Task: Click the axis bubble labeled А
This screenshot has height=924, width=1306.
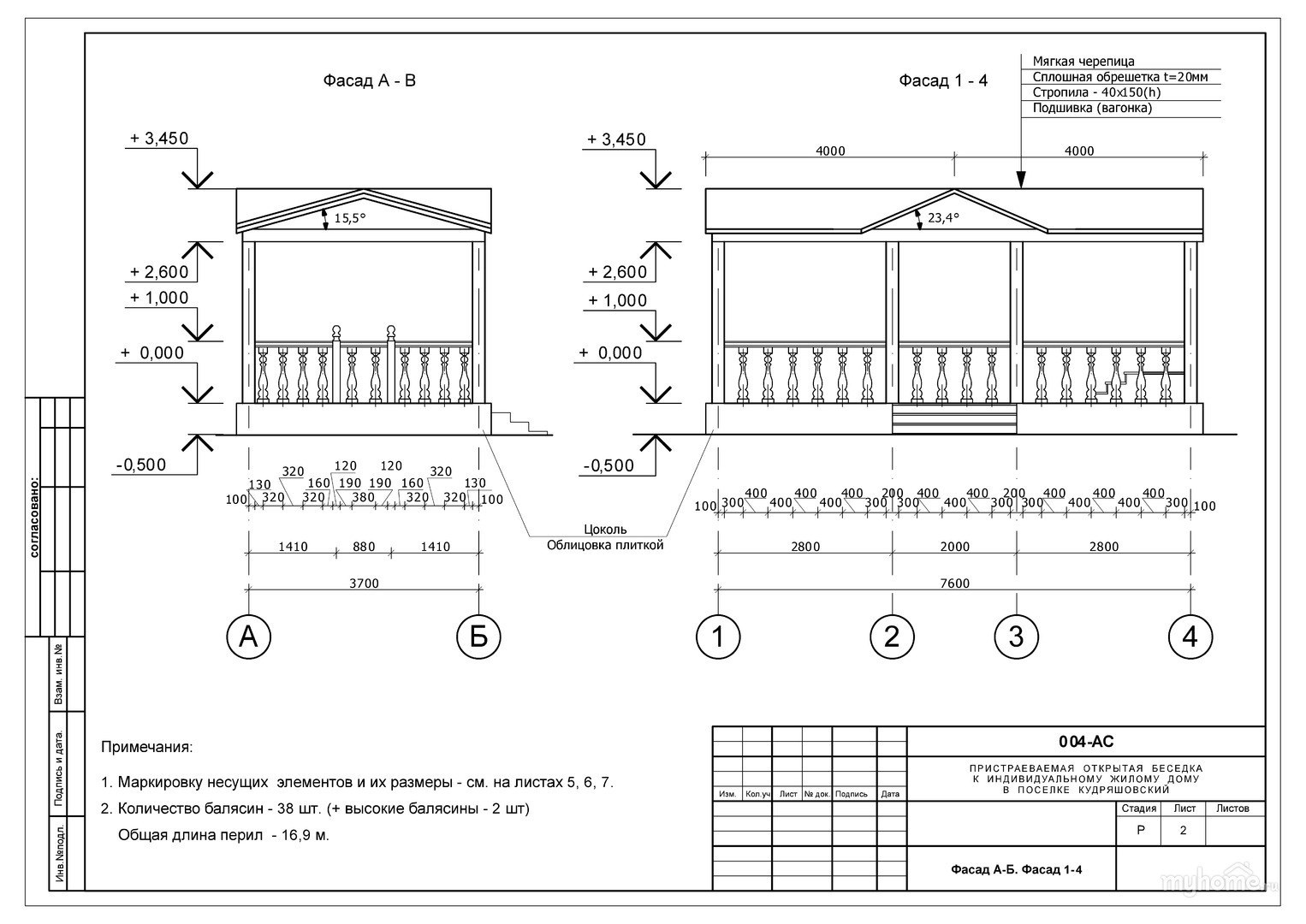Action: (x=248, y=637)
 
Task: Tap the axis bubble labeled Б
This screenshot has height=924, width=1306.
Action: (x=478, y=637)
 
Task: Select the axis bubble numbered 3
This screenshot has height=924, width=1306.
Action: (x=1016, y=637)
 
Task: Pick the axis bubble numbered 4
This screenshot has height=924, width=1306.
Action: (x=1190, y=637)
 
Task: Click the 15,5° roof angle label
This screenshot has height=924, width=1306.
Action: (x=349, y=219)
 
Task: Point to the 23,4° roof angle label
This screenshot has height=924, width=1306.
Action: (x=942, y=218)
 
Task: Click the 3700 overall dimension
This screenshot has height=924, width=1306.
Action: (x=364, y=583)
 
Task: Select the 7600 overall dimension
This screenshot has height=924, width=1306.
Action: (x=954, y=583)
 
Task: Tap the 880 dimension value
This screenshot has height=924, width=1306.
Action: (x=363, y=547)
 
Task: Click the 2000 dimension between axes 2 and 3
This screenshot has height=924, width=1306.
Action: (x=954, y=547)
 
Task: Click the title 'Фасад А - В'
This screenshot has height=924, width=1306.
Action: (x=369, y=81)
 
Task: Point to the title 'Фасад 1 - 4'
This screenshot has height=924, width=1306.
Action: (x=943, y=81)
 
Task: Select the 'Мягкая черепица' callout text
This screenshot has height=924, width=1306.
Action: (x=1083, y=62)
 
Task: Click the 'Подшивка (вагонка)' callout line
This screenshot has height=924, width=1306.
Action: (x=1092, y=109)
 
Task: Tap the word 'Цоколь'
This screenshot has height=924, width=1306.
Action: (x=604, y=530)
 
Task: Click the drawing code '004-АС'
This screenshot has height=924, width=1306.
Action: (x=1086, y=742)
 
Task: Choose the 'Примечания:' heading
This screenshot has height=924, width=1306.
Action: (x=147, y=747)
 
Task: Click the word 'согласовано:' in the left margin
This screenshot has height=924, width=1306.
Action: (x=34, y=517)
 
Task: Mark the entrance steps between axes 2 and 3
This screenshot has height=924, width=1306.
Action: (x=954, y=419)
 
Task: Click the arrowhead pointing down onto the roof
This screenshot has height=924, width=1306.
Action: (x=1020, y=181)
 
